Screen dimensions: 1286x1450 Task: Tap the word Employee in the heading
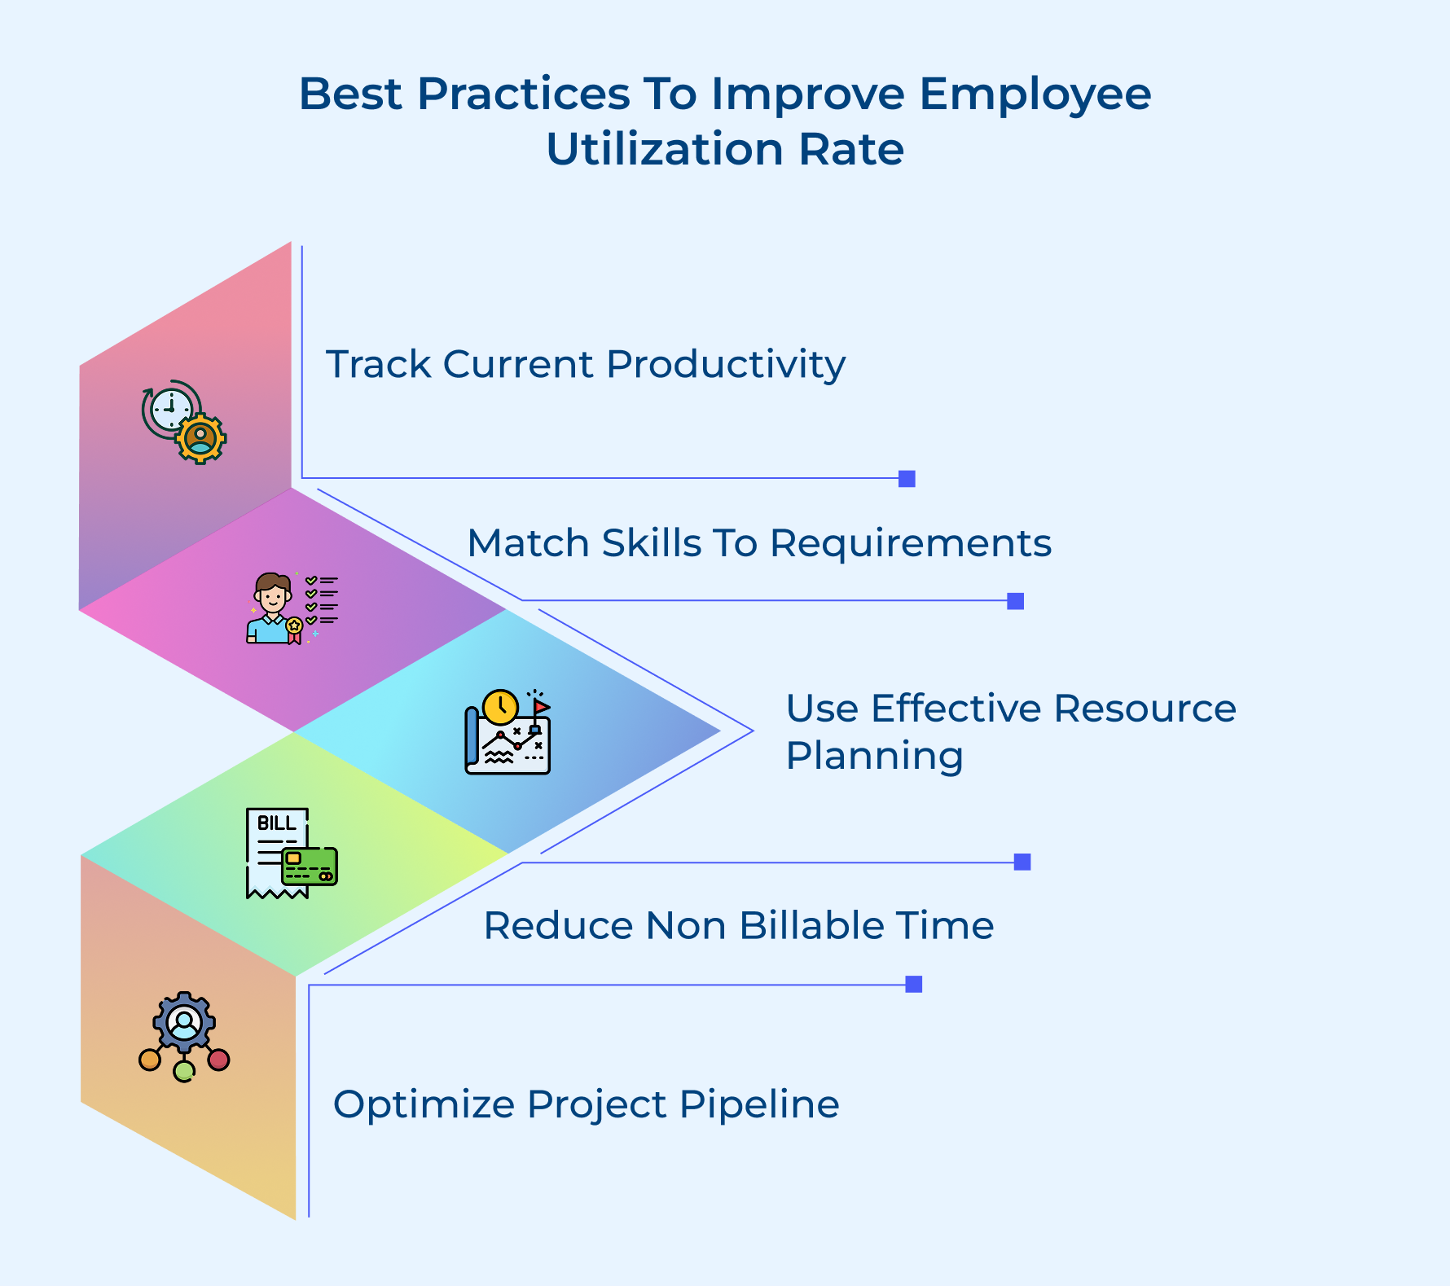click(1035, 94)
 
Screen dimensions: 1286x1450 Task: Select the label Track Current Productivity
click(585, 364)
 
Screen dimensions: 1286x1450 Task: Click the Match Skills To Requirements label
click(758, 543)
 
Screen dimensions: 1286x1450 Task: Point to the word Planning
click(874, 756)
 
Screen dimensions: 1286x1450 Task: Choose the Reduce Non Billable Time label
click(738, 926)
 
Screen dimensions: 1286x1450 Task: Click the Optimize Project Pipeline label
click(586, 1105)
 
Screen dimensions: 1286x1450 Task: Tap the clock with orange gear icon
click(183, 421)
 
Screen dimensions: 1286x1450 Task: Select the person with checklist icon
click(291, 608)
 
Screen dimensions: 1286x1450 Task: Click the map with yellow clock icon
click(507, 732)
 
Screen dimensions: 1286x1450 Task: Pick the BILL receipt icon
click(277, 852)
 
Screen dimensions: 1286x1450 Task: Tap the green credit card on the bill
click(310, 867)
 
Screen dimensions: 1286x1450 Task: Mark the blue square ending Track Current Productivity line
click(907, 479)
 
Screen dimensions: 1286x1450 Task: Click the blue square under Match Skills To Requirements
click(1015, 601)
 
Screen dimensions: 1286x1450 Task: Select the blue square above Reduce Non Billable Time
click(1022, 862)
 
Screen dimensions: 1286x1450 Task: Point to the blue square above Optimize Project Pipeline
click(914, 984)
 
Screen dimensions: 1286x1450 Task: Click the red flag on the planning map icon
click(541, 706)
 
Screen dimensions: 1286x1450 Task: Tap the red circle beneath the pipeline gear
click(218, 1060)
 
